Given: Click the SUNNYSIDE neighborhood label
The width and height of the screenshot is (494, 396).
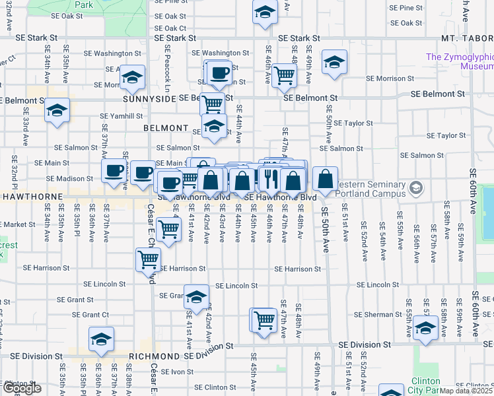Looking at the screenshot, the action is pyautogui.click(x=149, y=98).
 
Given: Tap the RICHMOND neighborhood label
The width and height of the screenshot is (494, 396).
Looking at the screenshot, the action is pyautogui.click(x=155, y=356).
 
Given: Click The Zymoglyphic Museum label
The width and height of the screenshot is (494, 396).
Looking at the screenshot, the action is pyautogui.click(x=460, y=61).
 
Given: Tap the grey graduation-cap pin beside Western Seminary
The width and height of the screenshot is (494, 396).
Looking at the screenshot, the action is pyautogui.click(x=415, y=189).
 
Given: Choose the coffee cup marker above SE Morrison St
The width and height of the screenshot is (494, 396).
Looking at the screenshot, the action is pyautogui.click(x=219, y=73).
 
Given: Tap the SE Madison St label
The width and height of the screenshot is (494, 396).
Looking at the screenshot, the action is pyautogui.click(x=70, y=178).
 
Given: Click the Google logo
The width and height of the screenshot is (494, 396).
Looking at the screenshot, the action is pyautogui.click(x=22, y=388).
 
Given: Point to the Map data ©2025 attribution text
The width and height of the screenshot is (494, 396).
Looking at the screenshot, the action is pyautogui.click(x=466, y=391).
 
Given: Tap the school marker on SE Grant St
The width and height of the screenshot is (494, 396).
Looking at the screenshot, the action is pyautogui.click(x=195, y=298).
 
